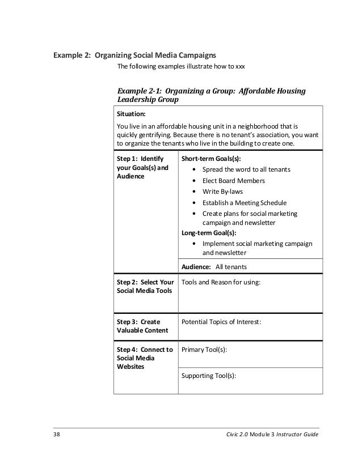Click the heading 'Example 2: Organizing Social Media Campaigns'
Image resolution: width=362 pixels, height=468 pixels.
click(x=134, y=56)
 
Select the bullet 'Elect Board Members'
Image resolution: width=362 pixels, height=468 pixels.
click(x=233, y=181)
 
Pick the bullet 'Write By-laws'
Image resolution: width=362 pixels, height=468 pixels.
click(x=222, y=192)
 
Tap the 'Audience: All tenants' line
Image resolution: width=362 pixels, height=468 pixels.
click(x=214, y=267)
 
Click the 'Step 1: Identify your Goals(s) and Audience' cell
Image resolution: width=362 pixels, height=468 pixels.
click(x=142, y=168)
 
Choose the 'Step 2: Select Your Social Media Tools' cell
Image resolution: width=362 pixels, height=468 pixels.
click(x=145, y=286)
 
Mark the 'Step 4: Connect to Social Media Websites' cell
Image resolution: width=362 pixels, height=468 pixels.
click(x=144, y=358)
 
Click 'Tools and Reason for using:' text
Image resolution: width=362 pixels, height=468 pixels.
click(x=221, y=282)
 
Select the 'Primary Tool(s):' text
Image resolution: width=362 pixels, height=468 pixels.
click(x=204, y=350)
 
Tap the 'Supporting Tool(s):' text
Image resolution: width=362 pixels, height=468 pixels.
click(x=208, y=376)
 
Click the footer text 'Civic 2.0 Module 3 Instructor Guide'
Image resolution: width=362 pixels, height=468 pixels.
click(x=271, y=434)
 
